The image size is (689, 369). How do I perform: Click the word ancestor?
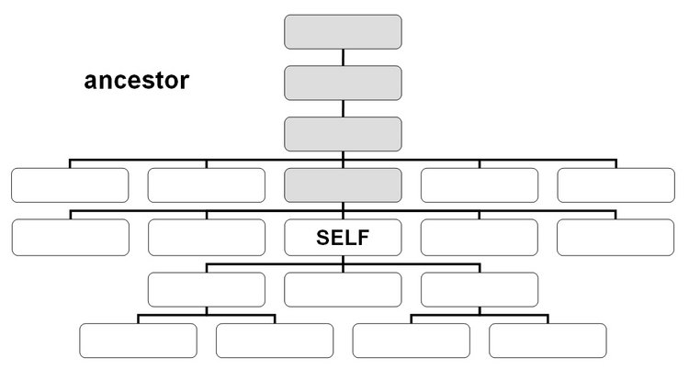pos(137,81)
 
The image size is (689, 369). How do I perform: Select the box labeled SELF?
pos(343,237)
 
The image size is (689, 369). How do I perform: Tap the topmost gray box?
pos(343,32)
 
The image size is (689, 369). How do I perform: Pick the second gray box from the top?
pos(343,83)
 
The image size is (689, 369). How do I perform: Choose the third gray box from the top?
pos(343,134)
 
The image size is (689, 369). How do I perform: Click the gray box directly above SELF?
pos(343,184)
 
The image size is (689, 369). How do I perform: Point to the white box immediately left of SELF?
pos(207,237)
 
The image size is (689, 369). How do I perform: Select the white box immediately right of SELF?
pos(480,237)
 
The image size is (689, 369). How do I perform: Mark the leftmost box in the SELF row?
pos(71,237)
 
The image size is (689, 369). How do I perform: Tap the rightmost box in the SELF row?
pos(616,237)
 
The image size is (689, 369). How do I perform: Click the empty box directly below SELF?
pos(343,289)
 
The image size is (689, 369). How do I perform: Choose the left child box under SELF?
pos(207,289)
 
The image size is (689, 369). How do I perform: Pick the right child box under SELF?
pos(480,289)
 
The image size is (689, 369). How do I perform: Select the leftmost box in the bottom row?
pos(138,341)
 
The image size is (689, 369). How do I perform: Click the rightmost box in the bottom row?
pos(548,341)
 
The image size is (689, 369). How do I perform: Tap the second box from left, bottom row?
pos(275,341)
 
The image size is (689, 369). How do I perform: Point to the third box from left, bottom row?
pos(412,341)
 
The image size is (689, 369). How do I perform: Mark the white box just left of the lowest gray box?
pos(207,184)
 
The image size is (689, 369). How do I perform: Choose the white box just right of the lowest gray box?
pos(480,184)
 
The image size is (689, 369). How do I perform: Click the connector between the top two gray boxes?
pos(343,58)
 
